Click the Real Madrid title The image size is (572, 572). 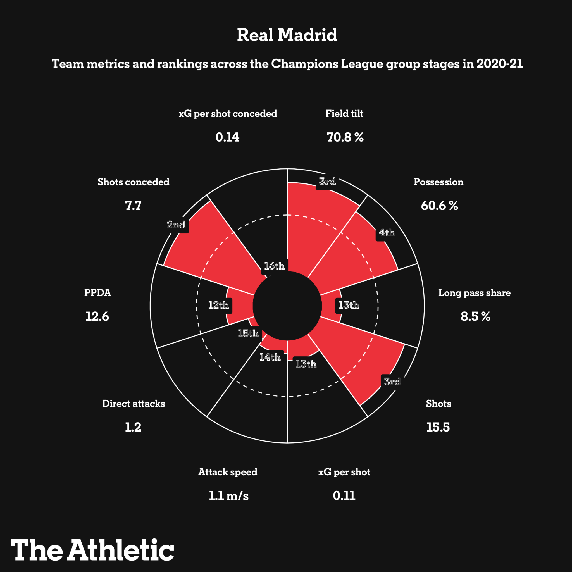[x=287, y=35]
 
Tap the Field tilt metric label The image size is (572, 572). [x=344, y=114]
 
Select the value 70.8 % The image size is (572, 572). [x=345, y=137]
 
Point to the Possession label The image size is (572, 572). [x=438, y=182]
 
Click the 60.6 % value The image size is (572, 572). [x=439, y=206]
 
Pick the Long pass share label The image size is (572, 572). [x=474, y=293]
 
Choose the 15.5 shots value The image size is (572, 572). [x=438, y=427]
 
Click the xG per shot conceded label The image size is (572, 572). [x=228, y=114]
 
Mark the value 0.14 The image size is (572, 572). [x=227, y=137]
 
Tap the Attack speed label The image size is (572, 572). [x=228, y=472]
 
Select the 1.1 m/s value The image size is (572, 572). [x=228, y=496]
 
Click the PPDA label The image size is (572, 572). [x=97, y=293]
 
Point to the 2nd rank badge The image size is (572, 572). [x=177, y=225]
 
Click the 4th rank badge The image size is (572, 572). [x=387, y=233]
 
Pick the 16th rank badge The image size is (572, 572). [x=274, y=266]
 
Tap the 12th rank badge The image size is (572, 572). [x=218, y=305]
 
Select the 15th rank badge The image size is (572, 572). [x=248, y=334]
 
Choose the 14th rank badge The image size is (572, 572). [x=270, y=357]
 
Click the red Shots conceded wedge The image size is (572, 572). [x=207, y=246]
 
